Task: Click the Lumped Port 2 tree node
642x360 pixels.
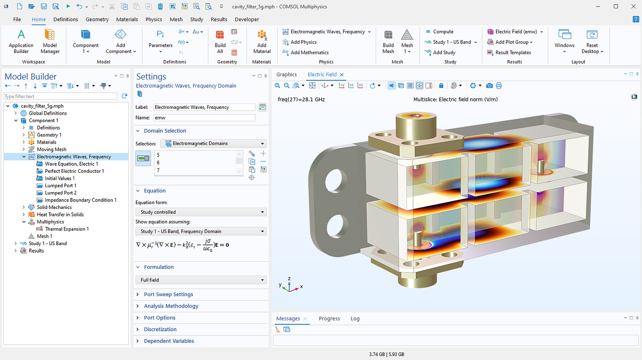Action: click(x=60, y=193)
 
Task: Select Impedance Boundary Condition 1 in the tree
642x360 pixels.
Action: click(x=80, y=200)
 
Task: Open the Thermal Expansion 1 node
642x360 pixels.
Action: click(x=67, y=229)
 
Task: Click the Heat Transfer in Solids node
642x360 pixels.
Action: click(x=60, y=215)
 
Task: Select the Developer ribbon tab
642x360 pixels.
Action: click(x=247, y=19)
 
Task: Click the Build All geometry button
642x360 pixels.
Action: click(x=220, y=42)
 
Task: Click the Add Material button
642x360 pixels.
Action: click(x=262, y=42)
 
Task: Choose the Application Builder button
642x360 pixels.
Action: click(x=21, y=42)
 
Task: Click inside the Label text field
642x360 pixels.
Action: click(x=204, y=107)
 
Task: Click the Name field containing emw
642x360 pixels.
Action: click(x=204, y=118)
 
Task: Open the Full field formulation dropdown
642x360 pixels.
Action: click(x=201, y=280)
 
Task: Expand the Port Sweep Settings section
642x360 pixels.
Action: click(x=168, y=294)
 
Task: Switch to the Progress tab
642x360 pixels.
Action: click(x=329, y=319)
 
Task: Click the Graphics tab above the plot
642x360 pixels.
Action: click(x=287, y=74)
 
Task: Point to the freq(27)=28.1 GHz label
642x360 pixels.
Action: click(x=301, y=100)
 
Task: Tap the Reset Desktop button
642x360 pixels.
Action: click(x=592, y=42)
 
